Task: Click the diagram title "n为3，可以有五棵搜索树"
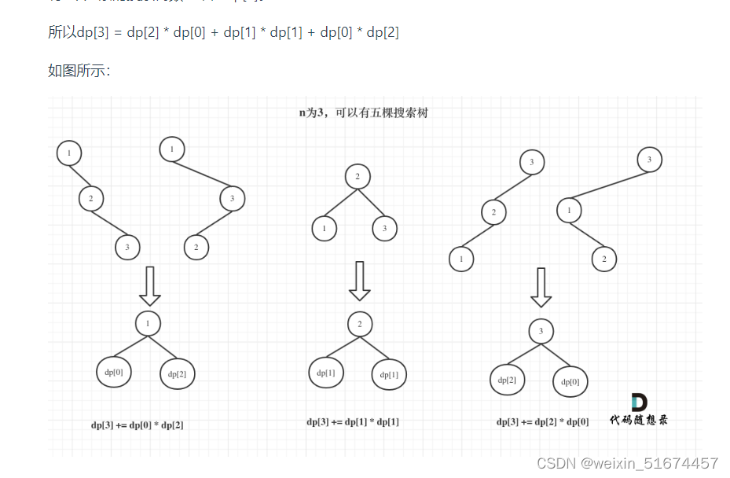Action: coord(363,113)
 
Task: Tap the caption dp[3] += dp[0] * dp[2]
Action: coord(138,425)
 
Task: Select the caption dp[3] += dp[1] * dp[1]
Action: coord(353,422)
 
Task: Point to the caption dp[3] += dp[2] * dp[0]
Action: coord(542,422)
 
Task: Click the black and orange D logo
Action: coord(640,402)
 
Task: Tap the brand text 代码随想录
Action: coord(639,421)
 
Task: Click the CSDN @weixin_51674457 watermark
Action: coord(627,463)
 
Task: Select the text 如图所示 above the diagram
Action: coord(79,71)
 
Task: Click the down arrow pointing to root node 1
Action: coord(149,285)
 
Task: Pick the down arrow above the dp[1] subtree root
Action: coord(360,281)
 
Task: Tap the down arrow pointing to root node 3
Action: coord(541,287)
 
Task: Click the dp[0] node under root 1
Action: coord(114,373)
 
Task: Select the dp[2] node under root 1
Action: coord(178,374)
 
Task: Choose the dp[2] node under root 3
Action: coord(507,381)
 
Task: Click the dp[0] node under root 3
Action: coord(570,382)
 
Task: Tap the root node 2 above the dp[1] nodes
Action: coord(359,324)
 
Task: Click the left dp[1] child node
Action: coord(326,373)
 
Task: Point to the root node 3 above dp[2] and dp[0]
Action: coord(541,331)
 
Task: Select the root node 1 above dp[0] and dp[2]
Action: coord(148,322)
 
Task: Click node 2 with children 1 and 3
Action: coord(358,176)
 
